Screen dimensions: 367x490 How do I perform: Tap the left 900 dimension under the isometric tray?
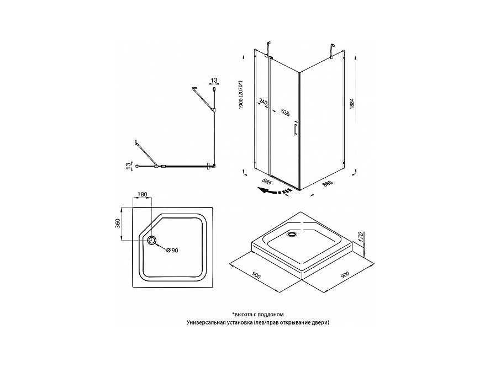(x=257, y=275)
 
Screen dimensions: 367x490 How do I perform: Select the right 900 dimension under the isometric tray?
(x=344, y=275)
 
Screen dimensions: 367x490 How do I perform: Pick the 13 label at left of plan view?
(x=128, y=166)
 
